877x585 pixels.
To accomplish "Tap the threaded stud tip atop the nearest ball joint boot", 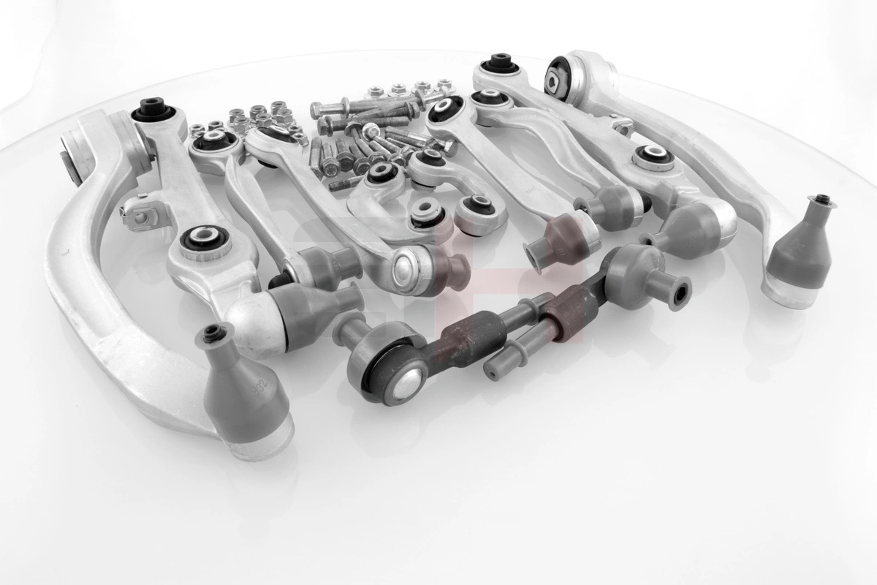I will point(213,333).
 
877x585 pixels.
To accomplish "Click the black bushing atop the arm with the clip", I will point(153,112).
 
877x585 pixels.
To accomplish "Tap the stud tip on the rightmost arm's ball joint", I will point(822,199).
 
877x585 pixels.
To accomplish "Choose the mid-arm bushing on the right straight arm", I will point(653,157).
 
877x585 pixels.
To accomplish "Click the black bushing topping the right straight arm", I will point(499,64).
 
